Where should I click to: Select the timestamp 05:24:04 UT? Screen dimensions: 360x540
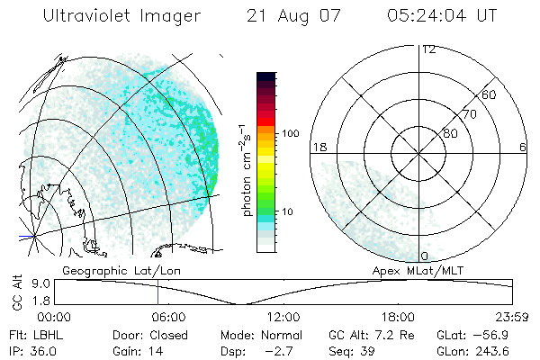[x=440, y=16]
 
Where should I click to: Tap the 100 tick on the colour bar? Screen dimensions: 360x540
[x=290, y=133]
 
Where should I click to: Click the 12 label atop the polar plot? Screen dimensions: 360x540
[x=428, y=49]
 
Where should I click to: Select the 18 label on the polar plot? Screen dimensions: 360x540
[x=318, y=146]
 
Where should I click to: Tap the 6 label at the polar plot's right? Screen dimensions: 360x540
[x=523, y=146]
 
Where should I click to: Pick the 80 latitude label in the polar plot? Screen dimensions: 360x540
[x=450, y=133]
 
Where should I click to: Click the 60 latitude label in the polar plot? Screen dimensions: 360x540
[x=489, y=94]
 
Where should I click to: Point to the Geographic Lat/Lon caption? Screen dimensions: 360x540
[x=108, y=269]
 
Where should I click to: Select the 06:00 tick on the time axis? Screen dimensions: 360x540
[x=168, y=317]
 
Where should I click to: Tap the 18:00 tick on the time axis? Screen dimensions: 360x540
[x=398, y=317]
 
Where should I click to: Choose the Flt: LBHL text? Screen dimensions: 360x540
[x=33, y=335]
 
